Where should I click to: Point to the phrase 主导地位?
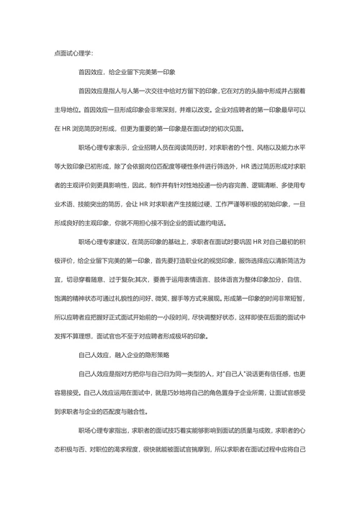click(68, 110)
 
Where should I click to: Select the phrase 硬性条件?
click(193, 166)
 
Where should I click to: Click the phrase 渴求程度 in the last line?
click(122, 449)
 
